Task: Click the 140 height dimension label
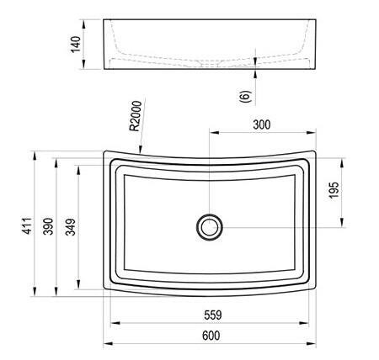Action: pos(76,45)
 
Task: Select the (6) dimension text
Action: pos(245,96)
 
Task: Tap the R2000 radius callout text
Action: pos(136,116)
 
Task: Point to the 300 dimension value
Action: pos(262,124)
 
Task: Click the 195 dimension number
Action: pos(334,190)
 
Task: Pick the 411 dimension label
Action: pos(28,225)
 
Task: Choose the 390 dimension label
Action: pos(48,226)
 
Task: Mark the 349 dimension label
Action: pos(71,227)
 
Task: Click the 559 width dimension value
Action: pos(213,315)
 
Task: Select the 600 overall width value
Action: pos(211,336)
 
